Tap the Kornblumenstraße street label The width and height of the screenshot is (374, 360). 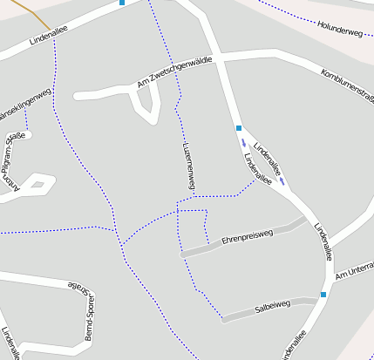[x=347, y=84]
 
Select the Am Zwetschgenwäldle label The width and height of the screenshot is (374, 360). [x=175, y=77]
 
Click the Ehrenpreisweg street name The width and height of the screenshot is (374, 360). [x=248, y=235]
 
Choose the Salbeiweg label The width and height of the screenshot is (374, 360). [x=271, y=307]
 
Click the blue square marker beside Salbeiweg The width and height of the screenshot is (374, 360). [x=323, y=295]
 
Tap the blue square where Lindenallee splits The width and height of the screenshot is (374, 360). [x=238, y=128]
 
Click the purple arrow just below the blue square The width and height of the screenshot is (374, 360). [x=244, y=143]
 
